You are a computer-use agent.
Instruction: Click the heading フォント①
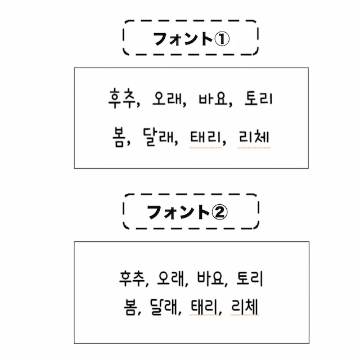pyautogui.click(x=190, y=39)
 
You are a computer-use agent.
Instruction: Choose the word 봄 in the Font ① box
pyautogui.click(x=117, y=137)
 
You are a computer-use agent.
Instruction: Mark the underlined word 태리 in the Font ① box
pyautogui.click(x=206, y=137)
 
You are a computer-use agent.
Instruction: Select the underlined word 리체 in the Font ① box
pyautogui.click(x=254, y=137)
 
